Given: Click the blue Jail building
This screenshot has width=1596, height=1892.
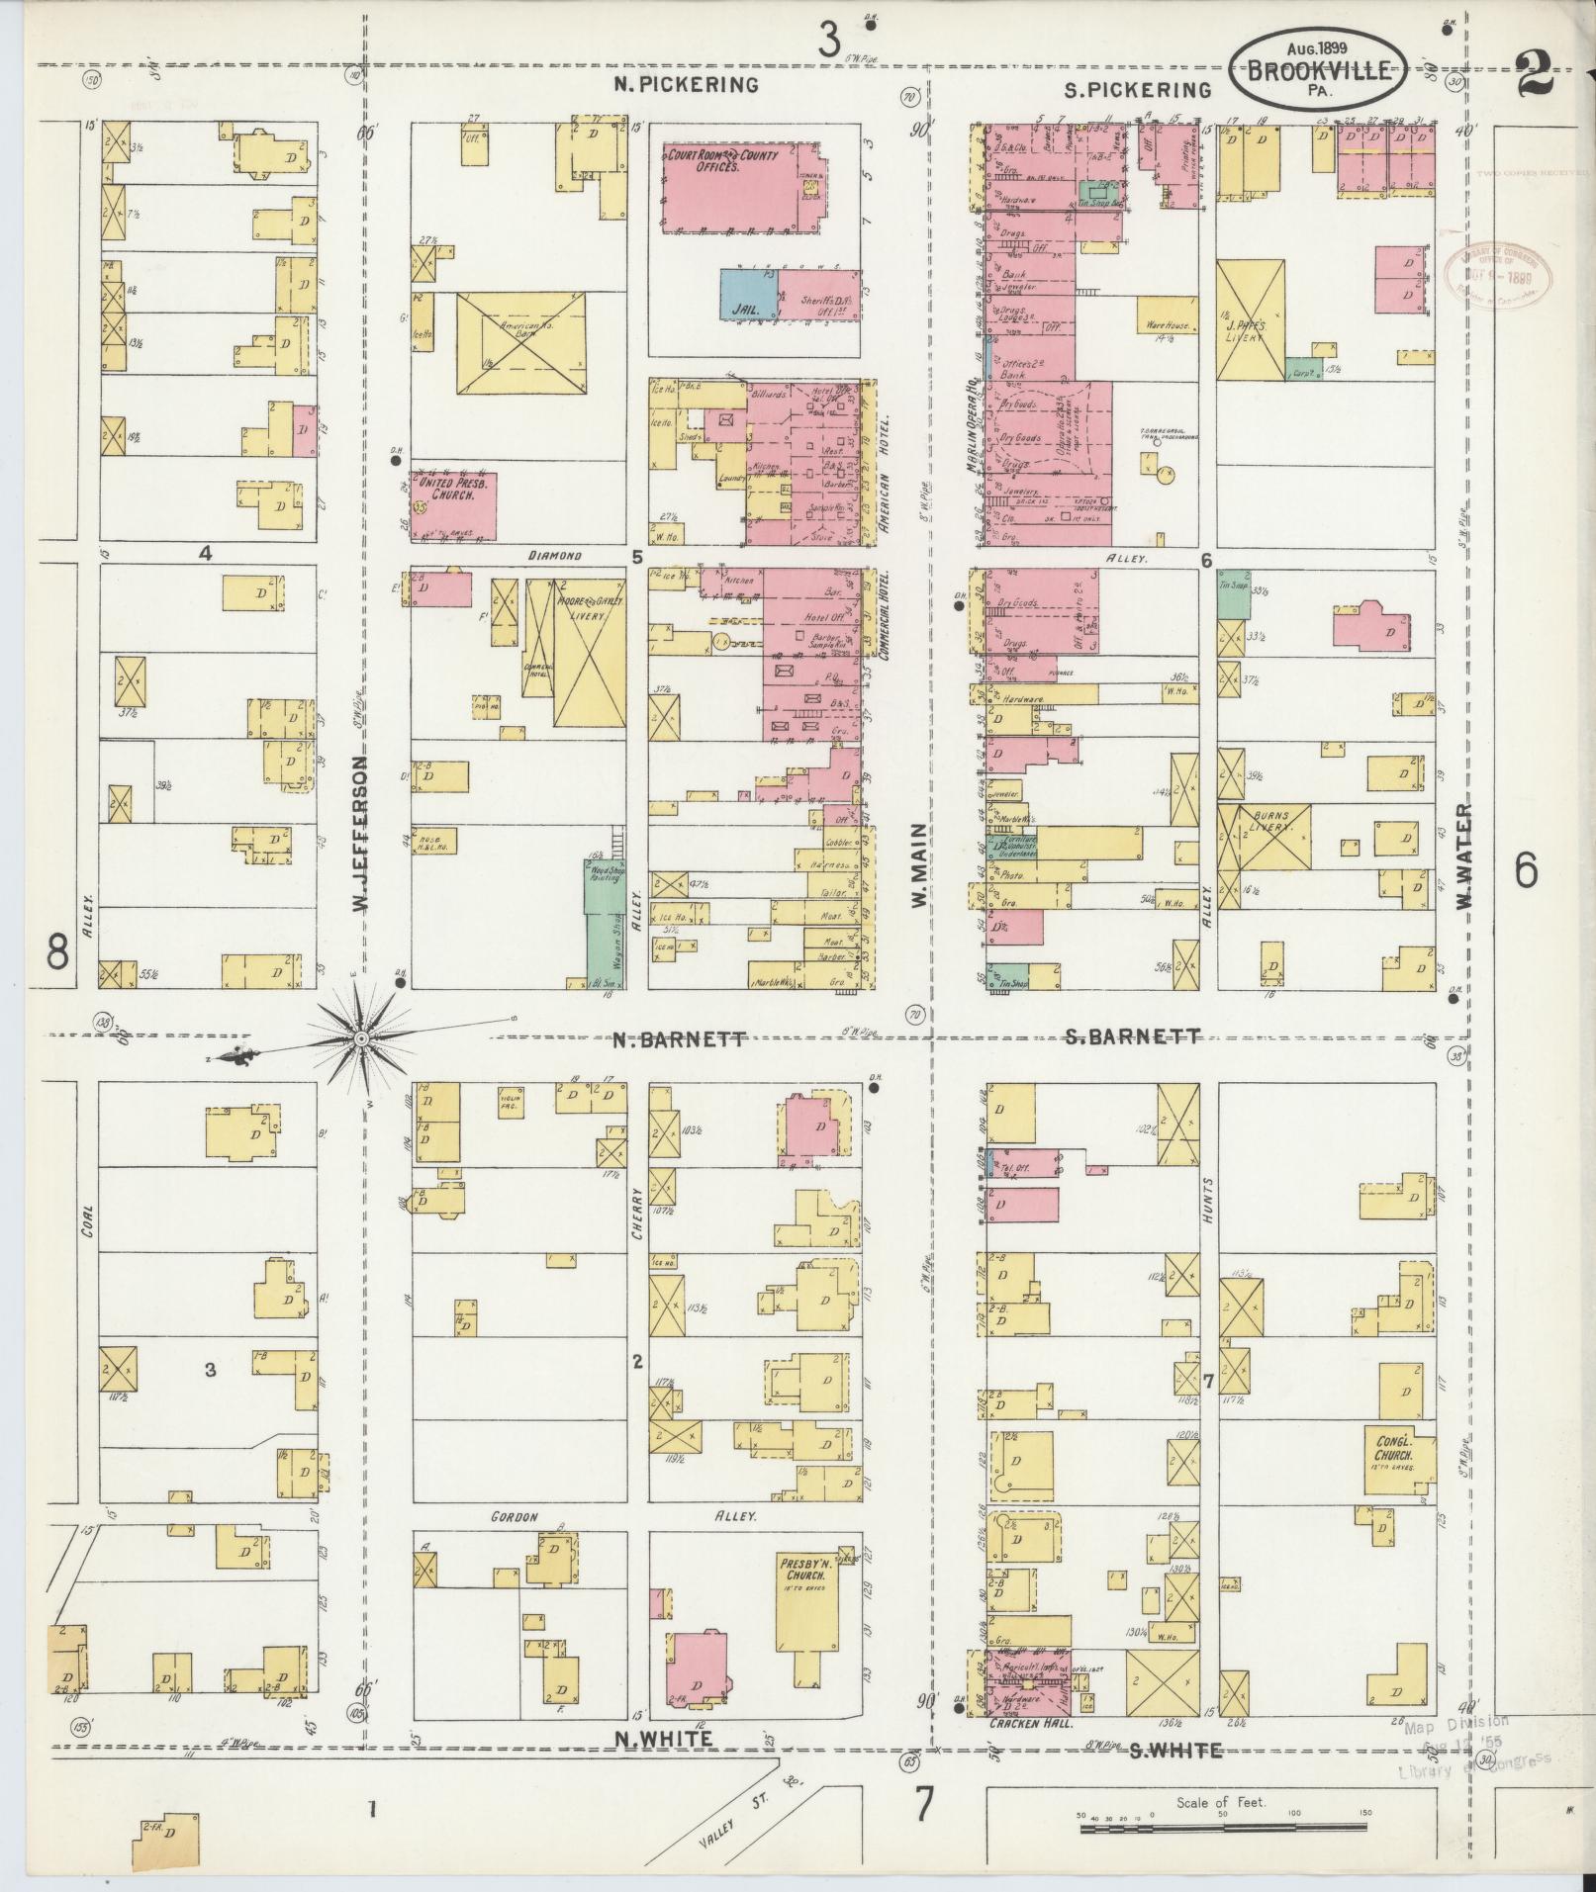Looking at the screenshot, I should coord(747,294).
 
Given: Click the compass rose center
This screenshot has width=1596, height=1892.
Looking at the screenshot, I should coord(362,1038).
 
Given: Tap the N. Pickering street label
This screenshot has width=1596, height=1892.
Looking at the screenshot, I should coord(686,85).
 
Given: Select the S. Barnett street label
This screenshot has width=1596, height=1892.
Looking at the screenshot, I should coord(1132,1037).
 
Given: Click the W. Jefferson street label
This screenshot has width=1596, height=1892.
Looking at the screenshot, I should coord(362,837).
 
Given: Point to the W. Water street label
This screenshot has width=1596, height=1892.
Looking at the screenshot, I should coord(1465,859).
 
